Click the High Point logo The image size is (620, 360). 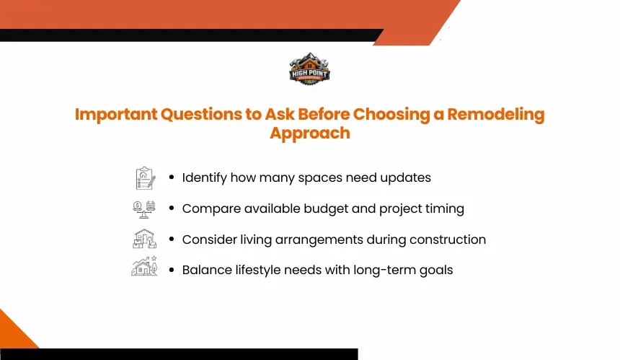[309, 69]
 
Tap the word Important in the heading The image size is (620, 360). [116, 115]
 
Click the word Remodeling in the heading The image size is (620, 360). [496, 114]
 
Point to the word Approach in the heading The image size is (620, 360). [310, 133]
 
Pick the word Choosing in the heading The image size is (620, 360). [391, 114]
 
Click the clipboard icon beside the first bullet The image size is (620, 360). [145, 178]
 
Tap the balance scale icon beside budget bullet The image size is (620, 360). [144, 209]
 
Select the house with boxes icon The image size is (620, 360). [144, 239]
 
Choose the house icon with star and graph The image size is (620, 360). [144, 265]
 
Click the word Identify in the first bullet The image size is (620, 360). [205, 178]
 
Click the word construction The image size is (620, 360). [448, 240]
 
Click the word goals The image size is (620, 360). [436, 271]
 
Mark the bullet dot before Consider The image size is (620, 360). [171, 240]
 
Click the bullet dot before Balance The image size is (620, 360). [171, 271]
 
